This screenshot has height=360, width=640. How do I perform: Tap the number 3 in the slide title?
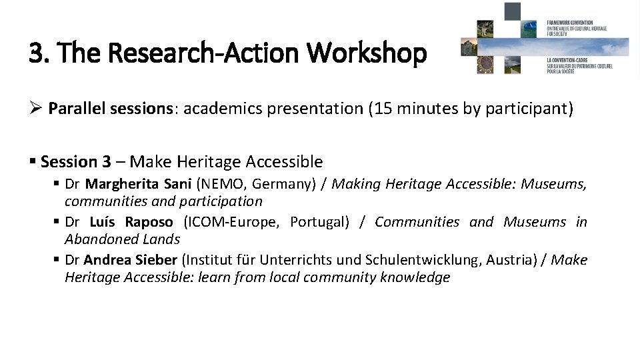[x=35, y=53]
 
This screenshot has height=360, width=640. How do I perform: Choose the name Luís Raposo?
[x=131, y=222]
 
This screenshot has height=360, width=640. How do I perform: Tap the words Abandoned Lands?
[x=122, y=239]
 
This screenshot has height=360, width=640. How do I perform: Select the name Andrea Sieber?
[x=130, y=260]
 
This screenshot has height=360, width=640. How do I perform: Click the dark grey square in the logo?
[x=512, y=11]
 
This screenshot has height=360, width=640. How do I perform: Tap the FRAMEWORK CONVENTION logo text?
[x=570, y=23]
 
